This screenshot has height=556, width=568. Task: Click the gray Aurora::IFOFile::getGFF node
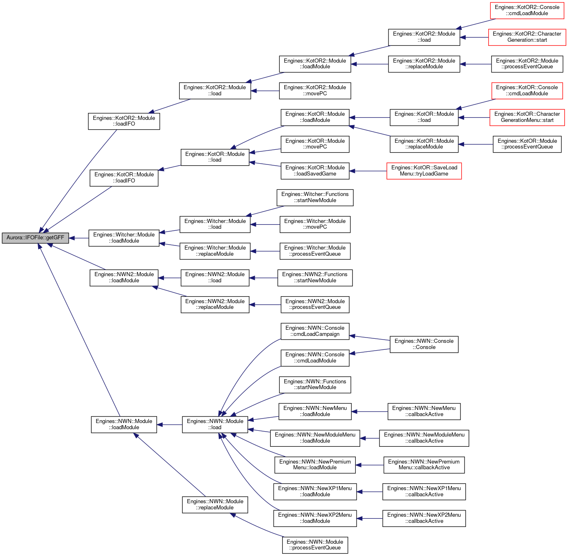35,238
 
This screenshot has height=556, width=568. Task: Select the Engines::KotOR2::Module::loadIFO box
124,121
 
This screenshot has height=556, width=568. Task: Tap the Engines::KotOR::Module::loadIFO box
124,178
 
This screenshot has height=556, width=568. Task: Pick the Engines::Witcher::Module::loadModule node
124,238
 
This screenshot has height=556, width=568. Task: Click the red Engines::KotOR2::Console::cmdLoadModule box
527,11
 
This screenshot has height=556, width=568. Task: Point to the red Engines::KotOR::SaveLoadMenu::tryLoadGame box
424,171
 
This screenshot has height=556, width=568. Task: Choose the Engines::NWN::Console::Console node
424,344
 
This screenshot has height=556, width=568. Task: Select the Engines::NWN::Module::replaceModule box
215,504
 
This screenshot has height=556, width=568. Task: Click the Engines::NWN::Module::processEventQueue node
315,545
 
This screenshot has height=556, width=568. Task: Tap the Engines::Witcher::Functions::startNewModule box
315,198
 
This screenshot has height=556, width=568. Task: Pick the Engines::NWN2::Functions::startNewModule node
315,278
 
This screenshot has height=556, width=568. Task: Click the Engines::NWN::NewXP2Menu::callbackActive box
424,518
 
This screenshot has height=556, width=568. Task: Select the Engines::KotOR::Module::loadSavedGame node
315,171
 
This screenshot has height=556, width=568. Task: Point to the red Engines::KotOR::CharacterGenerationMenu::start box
527,117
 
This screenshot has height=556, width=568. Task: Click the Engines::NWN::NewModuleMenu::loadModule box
315,438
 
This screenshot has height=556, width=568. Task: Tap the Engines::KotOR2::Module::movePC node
315,91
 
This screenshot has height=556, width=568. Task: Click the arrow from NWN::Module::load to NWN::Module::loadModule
170,425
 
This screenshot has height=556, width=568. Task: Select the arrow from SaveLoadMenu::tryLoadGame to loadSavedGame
368,171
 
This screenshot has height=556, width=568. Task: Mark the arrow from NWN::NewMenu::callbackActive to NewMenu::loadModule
370,412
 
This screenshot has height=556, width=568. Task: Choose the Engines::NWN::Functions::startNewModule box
315,385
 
